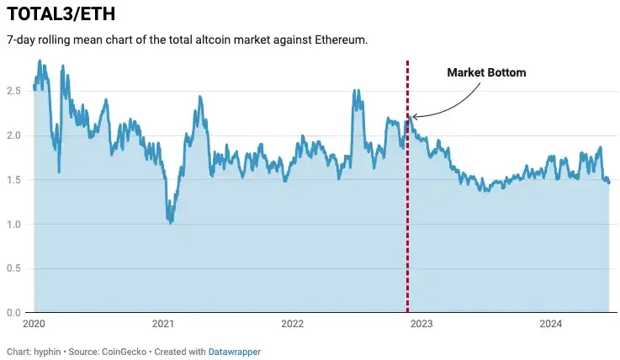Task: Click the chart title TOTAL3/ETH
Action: (61, 14)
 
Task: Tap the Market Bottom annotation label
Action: (485, 72)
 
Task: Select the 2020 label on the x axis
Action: (34, 324)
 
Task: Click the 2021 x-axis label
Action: (163, 324)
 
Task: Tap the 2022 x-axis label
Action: (292, 324)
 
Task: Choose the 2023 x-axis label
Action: (421, 324)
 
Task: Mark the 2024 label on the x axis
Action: (550, 324)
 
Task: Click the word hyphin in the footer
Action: (47, 351)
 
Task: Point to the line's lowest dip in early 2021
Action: (171, 221)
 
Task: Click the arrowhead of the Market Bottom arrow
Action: (414, 117)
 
